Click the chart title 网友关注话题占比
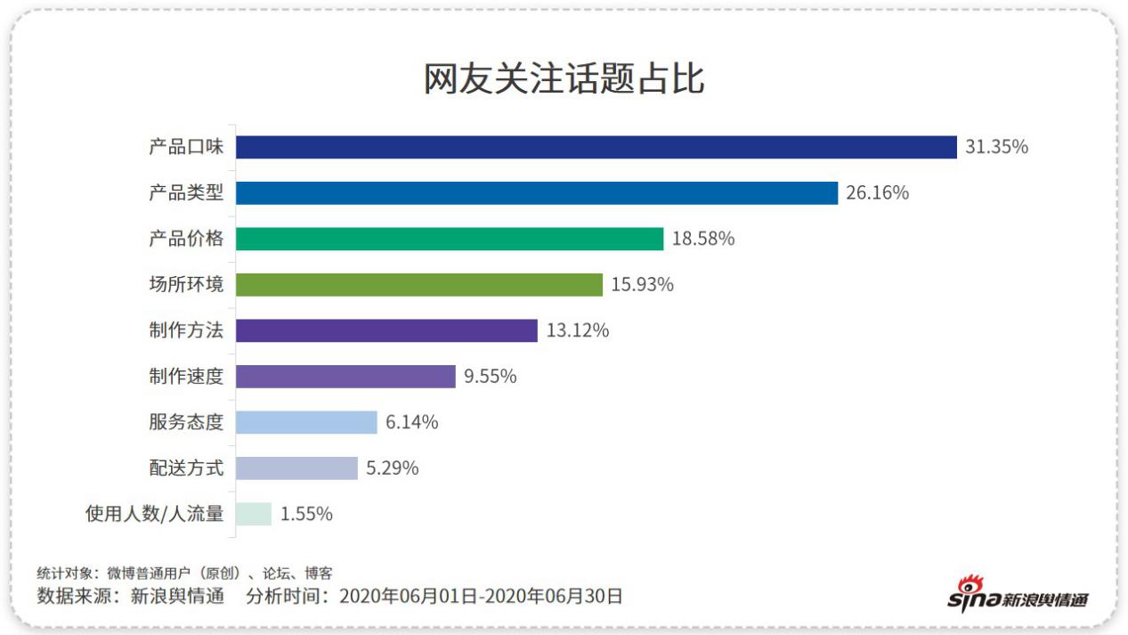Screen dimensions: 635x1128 coord(564,79)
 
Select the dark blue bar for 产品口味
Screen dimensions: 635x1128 coord(596,147)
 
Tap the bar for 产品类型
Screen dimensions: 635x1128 coord(536,193)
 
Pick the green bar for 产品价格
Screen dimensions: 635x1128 coord(450,239)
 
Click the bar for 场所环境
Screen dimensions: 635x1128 coord(419,285)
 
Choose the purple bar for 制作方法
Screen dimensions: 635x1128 coord(386,330)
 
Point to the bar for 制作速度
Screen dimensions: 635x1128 coord(345,377)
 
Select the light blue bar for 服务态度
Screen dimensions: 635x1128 coord(306,422)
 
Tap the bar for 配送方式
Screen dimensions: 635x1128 coord(296,468)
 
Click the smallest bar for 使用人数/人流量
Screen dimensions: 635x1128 coord(254,514)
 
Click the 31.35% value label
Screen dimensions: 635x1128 coord(996,147)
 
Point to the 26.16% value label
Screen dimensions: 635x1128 coord(877,193)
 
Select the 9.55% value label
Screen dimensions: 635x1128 coord(490,377)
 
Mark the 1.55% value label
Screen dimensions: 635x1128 coord(306,514)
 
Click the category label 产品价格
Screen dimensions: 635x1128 coord(186,239)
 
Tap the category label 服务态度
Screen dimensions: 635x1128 coord(186,422)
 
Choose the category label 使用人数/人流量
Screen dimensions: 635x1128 coord(154,514)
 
